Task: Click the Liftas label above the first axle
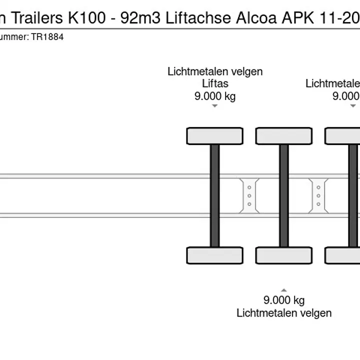215,83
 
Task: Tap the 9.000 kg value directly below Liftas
215,96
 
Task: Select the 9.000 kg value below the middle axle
284,300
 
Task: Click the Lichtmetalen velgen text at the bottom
284,313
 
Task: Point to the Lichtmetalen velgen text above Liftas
215,71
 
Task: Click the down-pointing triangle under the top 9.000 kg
215,106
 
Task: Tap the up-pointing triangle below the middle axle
284,290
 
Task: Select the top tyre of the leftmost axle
214,136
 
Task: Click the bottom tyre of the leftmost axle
214,255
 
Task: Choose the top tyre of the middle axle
284,136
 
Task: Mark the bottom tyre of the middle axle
284,255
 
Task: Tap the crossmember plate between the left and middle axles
249,195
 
